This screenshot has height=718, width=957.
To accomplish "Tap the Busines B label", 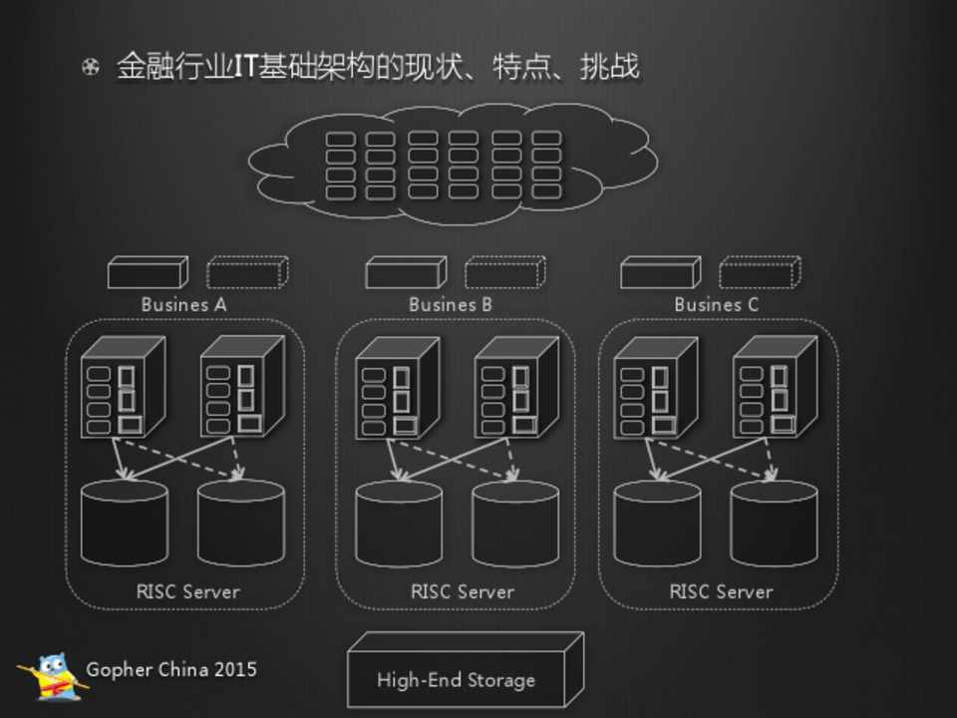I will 450,304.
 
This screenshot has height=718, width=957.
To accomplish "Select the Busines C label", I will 716,304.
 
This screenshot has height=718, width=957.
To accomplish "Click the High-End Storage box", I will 458,679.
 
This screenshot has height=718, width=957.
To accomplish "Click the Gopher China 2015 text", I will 171,669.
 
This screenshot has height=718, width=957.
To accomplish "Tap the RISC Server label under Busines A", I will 187,591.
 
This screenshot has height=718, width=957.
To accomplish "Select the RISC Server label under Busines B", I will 462,591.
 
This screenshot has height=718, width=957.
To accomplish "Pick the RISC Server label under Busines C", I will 721,591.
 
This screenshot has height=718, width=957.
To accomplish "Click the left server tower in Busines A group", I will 122,387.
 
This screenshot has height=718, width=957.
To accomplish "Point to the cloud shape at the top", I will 454,164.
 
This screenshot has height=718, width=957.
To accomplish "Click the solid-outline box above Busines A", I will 148,272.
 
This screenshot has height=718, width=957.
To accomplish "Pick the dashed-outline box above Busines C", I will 760,272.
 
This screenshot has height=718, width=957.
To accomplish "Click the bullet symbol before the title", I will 91,68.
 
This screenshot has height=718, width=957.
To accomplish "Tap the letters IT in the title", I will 246,68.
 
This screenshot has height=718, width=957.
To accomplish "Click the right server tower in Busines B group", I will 515,387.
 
